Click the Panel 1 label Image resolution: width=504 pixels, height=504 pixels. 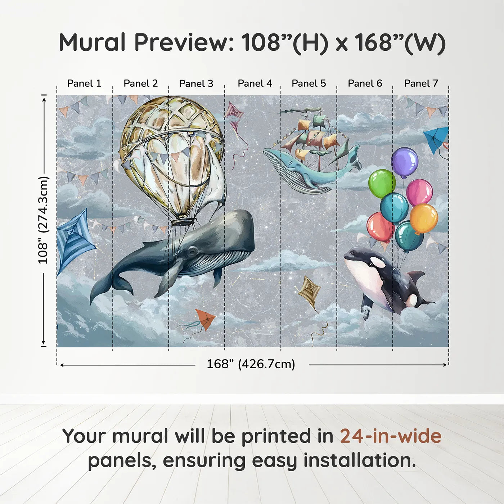click(x=84, y=84)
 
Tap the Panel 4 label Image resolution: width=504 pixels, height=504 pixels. click(x=255, y=84)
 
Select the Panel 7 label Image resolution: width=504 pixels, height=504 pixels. click(x=421, y=84)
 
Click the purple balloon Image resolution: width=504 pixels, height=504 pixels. click(x=405, y=162)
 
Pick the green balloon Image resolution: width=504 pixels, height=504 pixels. click(x=382, y=184)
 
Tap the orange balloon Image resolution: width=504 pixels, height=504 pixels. click(x=424, y=219)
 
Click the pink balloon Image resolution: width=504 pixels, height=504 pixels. click(x=419, y=192)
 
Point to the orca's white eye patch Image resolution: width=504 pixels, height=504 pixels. click(x=378, y=262)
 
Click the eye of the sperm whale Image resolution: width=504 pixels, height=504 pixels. click(x=192, y=251)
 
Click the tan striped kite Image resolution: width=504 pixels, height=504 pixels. click(x=309, y=290)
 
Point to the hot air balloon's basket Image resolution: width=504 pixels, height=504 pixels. click(x=184, y=221)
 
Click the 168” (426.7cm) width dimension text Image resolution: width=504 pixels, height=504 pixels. click(x=251, y=364)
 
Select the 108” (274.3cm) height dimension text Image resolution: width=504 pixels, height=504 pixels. click(x=44, y=220)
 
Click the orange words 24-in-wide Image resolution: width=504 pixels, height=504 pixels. click(x=391, y=436)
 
